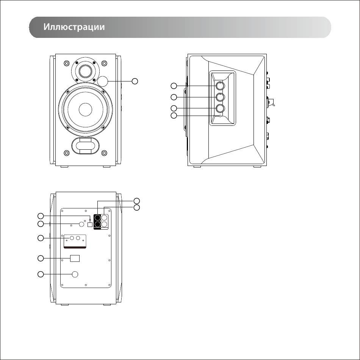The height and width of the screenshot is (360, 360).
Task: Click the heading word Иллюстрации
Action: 74,27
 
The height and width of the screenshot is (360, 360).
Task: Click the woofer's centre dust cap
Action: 85,110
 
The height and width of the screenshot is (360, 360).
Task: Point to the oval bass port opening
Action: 85,146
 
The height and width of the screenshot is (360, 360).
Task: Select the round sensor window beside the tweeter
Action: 103,81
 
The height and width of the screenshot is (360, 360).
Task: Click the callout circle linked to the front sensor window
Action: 135,81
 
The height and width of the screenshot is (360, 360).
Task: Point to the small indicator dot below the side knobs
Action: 221,116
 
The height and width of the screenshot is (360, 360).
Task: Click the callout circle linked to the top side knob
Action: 174,86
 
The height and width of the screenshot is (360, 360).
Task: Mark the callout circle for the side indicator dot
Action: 174,116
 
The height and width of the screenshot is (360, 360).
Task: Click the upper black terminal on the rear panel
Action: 97,218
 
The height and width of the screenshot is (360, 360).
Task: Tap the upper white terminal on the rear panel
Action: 105,218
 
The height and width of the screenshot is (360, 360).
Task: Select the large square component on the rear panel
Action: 75,258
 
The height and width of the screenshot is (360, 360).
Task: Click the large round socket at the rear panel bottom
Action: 75,274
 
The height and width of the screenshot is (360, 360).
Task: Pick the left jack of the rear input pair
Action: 72,238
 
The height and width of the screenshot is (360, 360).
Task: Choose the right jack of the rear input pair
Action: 78,238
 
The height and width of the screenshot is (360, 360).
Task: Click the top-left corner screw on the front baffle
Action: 66,63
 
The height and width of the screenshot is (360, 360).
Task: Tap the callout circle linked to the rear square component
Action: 41,258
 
